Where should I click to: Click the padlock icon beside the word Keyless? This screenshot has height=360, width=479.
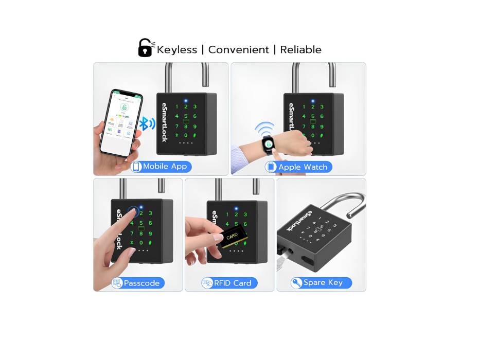[145, 48]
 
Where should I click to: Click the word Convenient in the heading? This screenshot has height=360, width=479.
[238, 50]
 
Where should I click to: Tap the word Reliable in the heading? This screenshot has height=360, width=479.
[300, 50]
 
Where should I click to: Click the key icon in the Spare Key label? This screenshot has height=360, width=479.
[297, 283]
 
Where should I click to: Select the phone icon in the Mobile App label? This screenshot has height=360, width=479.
[137, 167]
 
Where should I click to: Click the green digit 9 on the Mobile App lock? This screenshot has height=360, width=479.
[194, 126]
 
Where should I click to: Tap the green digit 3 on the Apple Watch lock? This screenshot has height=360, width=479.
[322, 106]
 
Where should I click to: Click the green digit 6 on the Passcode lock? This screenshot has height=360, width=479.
[150, 223]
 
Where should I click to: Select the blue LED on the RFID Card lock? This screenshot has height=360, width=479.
[236, 208]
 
